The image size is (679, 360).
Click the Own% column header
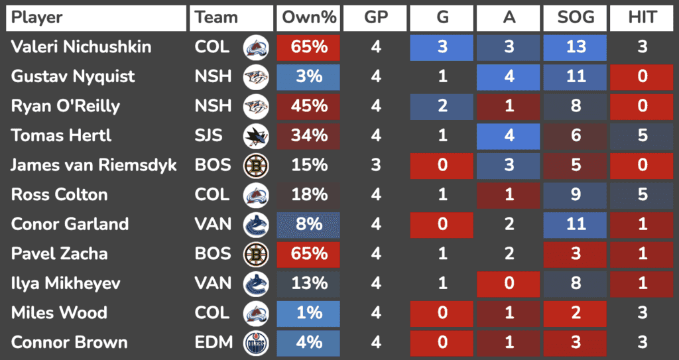point(309,18)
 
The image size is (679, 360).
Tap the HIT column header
point(642,18)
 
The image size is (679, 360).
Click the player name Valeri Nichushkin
point(81,47)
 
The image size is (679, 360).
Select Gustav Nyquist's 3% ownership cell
point(309,77)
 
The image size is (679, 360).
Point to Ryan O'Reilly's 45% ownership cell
point(309,106)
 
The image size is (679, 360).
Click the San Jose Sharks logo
point(255,136)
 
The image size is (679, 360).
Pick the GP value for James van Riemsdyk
point(376,165)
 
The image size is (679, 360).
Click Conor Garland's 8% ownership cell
point(309,224)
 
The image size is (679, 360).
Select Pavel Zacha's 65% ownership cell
point(309,254)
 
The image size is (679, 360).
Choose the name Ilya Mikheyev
point(66,284)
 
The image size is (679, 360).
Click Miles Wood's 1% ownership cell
point(309,313)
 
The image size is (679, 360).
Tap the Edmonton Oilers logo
point(255,343)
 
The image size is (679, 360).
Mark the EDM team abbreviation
point(214,343)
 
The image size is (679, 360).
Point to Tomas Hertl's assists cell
point(509,136)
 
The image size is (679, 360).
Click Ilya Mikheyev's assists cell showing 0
point(509,284)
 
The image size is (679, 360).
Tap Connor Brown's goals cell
point(442,343)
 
